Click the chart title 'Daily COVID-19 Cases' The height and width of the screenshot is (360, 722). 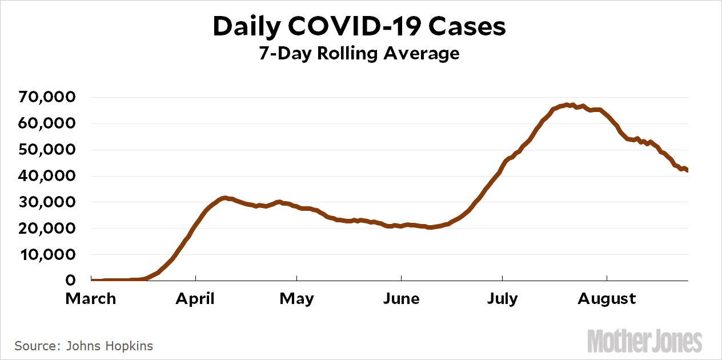point(359,27)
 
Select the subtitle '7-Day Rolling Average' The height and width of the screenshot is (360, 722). point(360,53)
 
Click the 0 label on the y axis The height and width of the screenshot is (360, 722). point(71,281)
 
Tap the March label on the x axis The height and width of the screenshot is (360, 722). point(91,299)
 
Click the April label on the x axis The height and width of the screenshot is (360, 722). point(196,299)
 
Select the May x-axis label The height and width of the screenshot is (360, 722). point(296,299)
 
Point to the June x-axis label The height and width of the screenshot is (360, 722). point(402,299)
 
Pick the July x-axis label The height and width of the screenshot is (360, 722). point(502,299)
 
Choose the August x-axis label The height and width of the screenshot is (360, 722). point(607,299)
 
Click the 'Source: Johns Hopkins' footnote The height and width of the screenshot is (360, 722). point(83,346)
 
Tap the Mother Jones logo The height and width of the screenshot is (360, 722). point(644,341)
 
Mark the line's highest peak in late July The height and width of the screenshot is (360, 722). point(567,105)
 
